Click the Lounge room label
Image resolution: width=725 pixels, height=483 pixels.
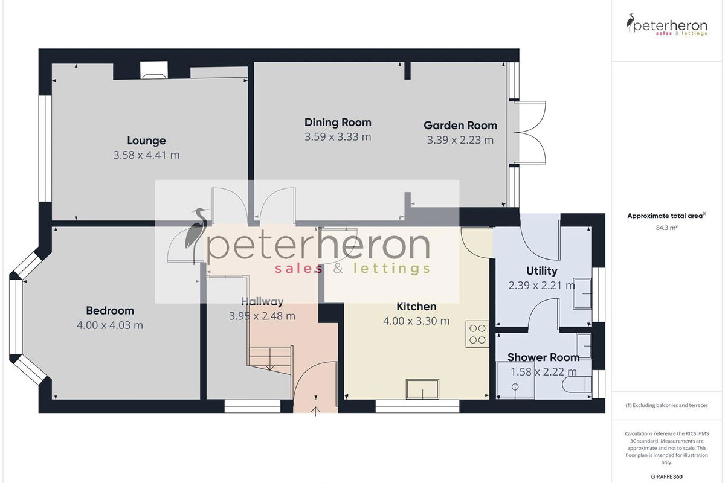pyautogui.click(x=146, y=141)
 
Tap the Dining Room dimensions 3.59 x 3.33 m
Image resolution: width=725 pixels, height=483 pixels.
pyautogui.click(x=338, y=137)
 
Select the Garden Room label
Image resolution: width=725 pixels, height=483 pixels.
pyautogui.click(x=460, y=125)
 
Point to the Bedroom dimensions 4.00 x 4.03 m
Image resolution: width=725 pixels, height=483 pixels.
pyautogui.click(x=110, y=325)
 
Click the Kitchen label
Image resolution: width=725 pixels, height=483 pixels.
pyautogui.click(x=416, y=306)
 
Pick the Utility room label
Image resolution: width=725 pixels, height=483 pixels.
pyautogui.click(x=541, y=270)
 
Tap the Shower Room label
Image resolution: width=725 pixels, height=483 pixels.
pyautogui.click(x=543, y=357)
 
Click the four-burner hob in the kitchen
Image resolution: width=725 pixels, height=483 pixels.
pyautogui.click(x=477, y=334)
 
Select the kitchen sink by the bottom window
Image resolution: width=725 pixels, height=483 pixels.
pyautogui.click(x=423, y=389)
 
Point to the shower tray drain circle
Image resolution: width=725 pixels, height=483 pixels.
pyautogui.click(x=515, y=386)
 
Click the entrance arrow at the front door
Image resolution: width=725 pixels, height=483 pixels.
pyautogui.click(x=315, y=411)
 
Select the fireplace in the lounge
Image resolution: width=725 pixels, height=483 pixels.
pyautogui.click(x=154, y=70)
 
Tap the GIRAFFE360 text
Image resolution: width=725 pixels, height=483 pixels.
pyautogui.click(x=667, y=476)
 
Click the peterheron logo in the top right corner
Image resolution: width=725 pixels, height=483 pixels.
pyautogui.click(x=667, y=25)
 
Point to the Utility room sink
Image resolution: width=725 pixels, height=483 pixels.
pyautogui.click(x=582, y=293)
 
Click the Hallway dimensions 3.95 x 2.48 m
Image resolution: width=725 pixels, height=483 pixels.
pyautogui.click(x=262, y=316)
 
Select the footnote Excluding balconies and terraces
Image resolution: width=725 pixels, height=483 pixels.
pyautogui.click(x=667, y=405)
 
